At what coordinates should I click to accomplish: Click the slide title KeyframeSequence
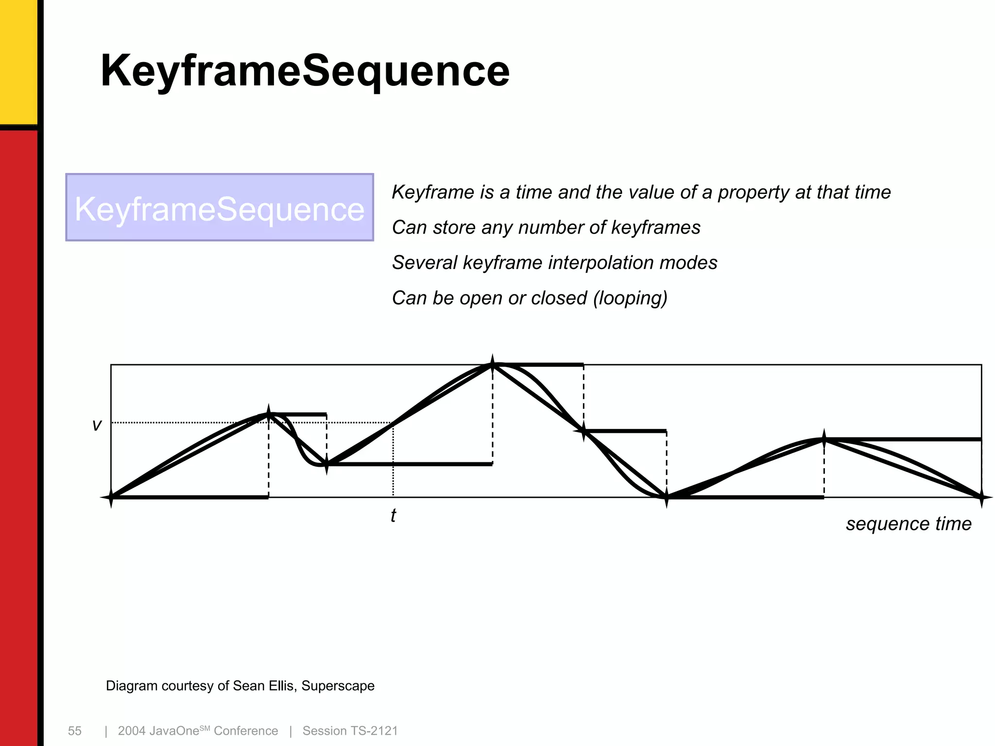pos(305,71)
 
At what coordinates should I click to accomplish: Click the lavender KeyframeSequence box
pos(220,207)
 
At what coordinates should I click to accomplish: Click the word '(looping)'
pos(630,298)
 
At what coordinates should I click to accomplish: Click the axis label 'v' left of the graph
pos(97,425)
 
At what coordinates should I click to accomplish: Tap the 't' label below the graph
pos(393,515)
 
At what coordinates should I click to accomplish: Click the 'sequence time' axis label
pos(909,524)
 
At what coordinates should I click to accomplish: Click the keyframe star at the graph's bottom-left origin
pos(111,497)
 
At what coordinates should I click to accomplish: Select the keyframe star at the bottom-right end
pos(981,497)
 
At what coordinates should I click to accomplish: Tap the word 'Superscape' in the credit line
pos(338,686)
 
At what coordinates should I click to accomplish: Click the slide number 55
pos(75,731)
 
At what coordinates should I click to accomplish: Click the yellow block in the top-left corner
pos(18,61)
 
